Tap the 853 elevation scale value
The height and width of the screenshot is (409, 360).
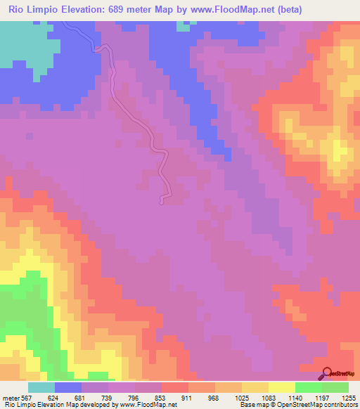tap(161, 397)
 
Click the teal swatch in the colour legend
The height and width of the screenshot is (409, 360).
tap(41, 387)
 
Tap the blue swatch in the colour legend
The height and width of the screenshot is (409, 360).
tap(68, 387)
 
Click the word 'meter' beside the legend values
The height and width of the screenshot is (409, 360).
tap(10, 397)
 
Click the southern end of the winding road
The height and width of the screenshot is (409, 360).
tap(163, 202)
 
